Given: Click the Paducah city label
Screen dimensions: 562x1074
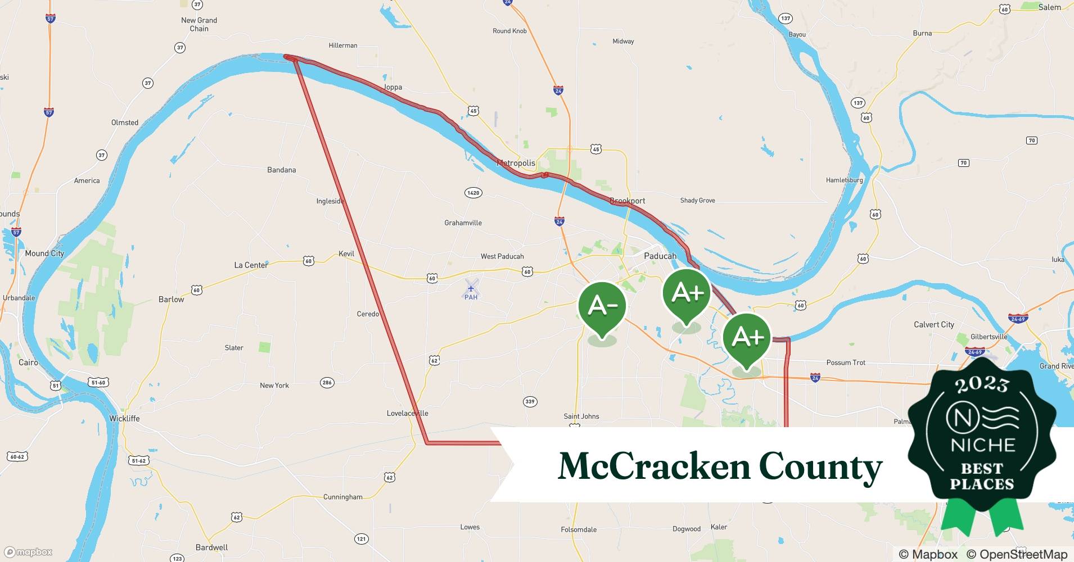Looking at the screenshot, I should click(x=660, y=256).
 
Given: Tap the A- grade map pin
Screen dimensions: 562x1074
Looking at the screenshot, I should click(x=602, y=307).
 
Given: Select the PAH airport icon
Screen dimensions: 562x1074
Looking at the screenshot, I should click(x=471, y=289).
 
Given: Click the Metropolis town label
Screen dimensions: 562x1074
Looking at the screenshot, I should click(x=516, y=163).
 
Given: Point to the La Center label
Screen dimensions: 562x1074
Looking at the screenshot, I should click(x=251, y=265).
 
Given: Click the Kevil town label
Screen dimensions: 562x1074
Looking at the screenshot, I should click(x=346, y=253).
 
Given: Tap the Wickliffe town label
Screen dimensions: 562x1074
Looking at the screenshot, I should click(x=124, y=418).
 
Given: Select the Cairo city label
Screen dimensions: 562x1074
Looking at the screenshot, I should click(x=28, y=362).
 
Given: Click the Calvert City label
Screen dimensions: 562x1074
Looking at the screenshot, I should click(x=934, y=324).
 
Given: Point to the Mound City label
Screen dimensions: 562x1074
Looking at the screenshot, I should click(x=44, y=253).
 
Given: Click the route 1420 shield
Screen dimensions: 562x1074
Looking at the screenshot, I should click(x=473, y=193).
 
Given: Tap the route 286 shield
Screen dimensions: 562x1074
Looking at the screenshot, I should click(x=327, y=383).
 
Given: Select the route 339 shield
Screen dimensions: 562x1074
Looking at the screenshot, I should click(x=530, y=401).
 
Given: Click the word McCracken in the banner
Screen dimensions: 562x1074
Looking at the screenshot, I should click(x=654, y=466).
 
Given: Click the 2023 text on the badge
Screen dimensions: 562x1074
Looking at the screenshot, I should click(x=982, y=384).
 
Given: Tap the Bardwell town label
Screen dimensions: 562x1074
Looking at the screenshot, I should click(x=212, y=547).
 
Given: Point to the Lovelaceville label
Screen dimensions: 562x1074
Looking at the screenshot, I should click(x=407, y=413).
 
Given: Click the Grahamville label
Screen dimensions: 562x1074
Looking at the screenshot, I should click(x=463, y=223).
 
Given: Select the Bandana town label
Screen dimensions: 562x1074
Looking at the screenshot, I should click(x=281, y=170).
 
